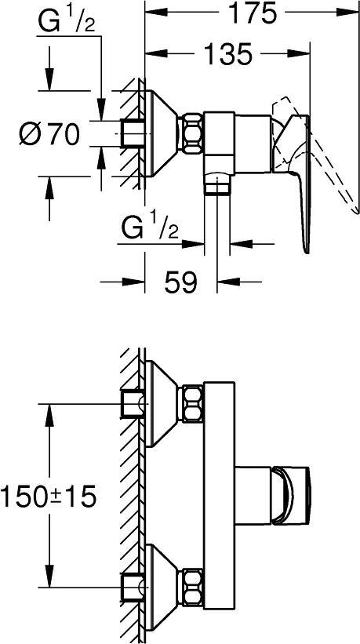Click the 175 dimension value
pyautogui.click(x=252, y=13)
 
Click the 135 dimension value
pyautogui.click(x=228, y=54)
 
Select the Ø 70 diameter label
pyautogui.click(x=49, y=134)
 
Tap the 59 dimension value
pyautogui.click(x=181, y=282)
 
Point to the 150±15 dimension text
pyautogui.click(x=49, y=496)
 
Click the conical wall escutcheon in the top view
pyautogui.click(x=162, y=133)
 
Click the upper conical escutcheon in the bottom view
pyautogui.click(x=162, y=404)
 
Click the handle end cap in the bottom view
pyautogui.click(x=291, y=496)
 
